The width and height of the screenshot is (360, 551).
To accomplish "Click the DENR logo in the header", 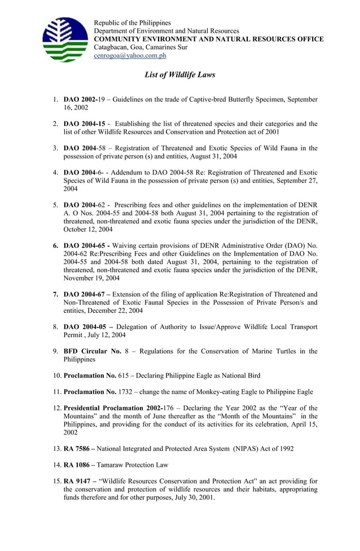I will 65,40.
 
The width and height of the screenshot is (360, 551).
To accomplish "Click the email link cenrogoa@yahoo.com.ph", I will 130,56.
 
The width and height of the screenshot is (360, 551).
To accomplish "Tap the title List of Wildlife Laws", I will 179,75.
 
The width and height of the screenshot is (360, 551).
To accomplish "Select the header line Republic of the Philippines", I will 132,23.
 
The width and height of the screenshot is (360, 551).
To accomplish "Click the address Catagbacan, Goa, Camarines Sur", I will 141,47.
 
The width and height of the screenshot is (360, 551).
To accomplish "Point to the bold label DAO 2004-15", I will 85,124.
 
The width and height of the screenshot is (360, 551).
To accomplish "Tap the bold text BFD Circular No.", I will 92,351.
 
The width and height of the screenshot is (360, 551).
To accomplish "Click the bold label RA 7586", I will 76,449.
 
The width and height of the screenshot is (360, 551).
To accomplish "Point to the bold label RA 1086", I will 76,465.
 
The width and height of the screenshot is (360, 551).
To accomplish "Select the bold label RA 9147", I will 76,482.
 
